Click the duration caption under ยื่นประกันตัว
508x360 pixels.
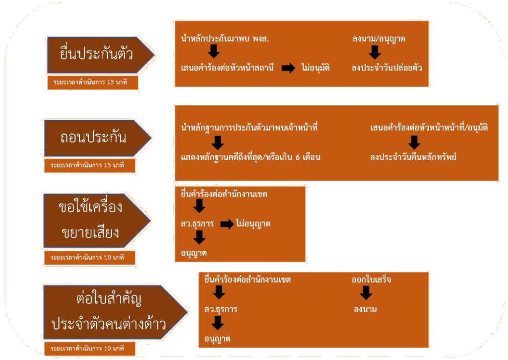[x=92, y=82]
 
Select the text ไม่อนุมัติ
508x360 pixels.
[x=316, y=68]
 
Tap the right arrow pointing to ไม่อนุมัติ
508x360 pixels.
[x=288, y=68]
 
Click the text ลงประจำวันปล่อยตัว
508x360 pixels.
[x=387, y=68]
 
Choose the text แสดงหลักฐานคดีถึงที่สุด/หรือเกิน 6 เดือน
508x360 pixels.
[x=251, y=157]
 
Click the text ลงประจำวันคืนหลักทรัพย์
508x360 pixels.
[x=413, y=157]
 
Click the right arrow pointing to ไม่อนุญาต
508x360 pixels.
[x=227, y=224]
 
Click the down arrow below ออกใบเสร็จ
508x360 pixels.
[x=366, y=293]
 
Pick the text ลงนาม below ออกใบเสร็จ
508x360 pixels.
[x=365, y=309]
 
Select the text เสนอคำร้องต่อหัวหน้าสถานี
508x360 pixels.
[x=228, y=68]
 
